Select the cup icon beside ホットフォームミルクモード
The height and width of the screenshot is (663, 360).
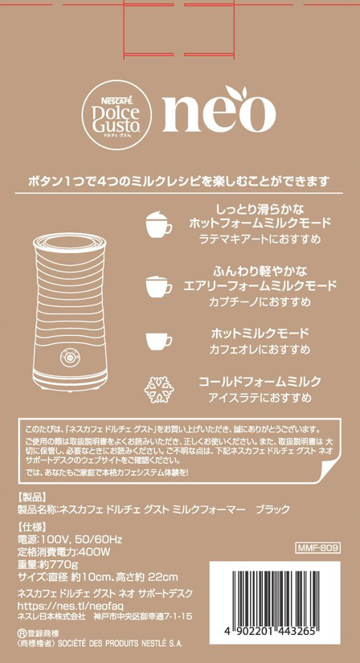point(159,223)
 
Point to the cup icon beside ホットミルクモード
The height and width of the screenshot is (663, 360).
point(159,341)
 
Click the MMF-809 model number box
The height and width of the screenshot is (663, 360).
point(317,548)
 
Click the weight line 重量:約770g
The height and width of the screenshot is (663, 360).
point(47,564)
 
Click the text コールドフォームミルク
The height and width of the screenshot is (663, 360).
point(260,381)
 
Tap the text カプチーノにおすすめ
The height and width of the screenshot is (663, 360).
point(260,302)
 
